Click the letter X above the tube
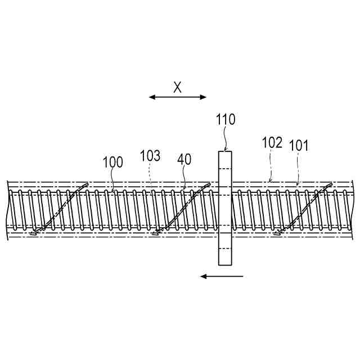[178, 87]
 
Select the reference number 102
[272, 142]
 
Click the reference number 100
[112, 163]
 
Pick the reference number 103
[150, 156]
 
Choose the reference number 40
[184, 159]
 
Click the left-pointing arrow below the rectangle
[222, 276]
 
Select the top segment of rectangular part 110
[225, 160]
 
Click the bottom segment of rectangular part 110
[225, 256]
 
